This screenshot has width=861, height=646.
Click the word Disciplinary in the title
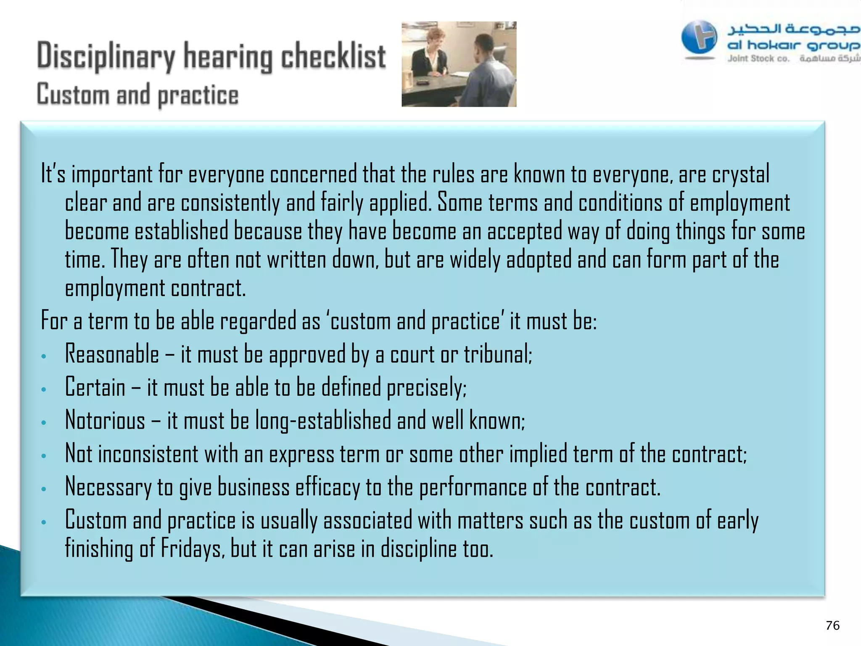[x=106, y=57]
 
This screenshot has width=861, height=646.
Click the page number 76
[x=832, y=625]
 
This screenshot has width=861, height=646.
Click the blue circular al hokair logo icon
[x=699, y=37]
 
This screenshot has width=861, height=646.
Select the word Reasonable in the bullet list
[x=112, y=354]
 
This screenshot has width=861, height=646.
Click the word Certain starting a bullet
[x=95, y=387]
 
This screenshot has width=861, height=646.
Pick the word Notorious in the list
[x=105, y=421]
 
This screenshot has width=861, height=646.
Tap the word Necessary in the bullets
[x=108, y=487]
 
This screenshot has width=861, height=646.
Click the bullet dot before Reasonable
[x=44, y=357]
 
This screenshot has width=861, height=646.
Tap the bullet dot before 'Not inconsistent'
[x=44, y=456]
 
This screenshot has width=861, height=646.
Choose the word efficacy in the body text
[x=327, y=487]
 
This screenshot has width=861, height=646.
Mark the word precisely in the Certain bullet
[x=426, y=387]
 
